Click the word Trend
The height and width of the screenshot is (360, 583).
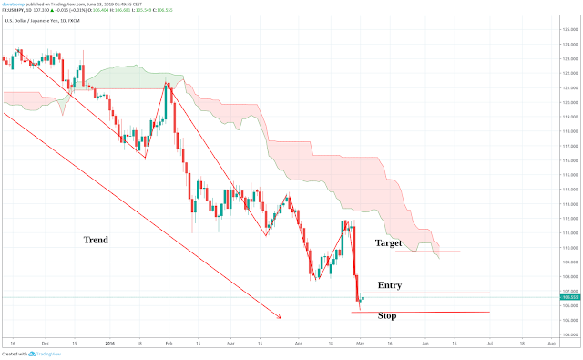(96, 240)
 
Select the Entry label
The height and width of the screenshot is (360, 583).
(389, 285)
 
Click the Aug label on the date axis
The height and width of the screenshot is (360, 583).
(552, 345)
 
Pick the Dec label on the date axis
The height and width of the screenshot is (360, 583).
(46, 345)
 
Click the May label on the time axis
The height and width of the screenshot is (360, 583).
(360, 345)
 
